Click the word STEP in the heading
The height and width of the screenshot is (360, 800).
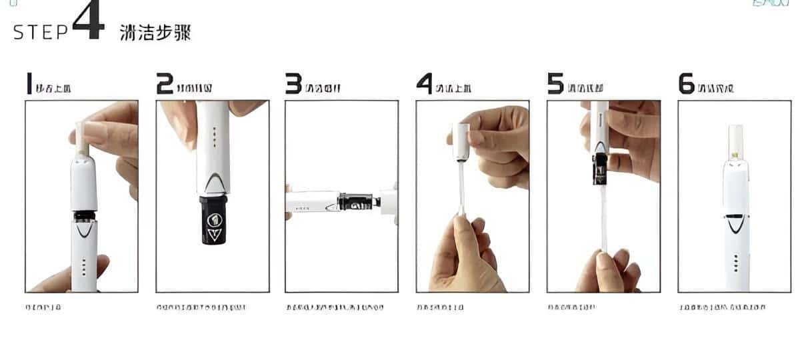(x=41, y=33)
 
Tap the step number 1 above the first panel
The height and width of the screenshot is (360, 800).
(x=29, y=84)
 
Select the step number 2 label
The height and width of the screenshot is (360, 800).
(x=164, y=84)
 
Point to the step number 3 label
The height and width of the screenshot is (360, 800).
(x=293, y=84)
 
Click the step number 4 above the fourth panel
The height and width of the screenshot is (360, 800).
(x=425, y=84)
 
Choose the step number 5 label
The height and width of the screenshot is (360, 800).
(x=555, y=84)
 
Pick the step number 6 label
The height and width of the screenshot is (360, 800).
(x=686, y=84)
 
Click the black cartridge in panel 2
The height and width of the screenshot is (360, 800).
(x=213, y=220)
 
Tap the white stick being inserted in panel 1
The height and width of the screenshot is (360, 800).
(x=82, y=139)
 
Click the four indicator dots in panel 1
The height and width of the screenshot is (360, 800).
(x=83, y=267)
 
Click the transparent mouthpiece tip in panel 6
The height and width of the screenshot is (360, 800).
(x=735, y=140)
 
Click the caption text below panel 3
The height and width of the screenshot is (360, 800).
(x=335, y=307)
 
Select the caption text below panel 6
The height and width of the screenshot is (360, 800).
(x=722, y=307)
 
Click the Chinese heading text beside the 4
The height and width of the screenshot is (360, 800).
(x=155, y=33)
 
